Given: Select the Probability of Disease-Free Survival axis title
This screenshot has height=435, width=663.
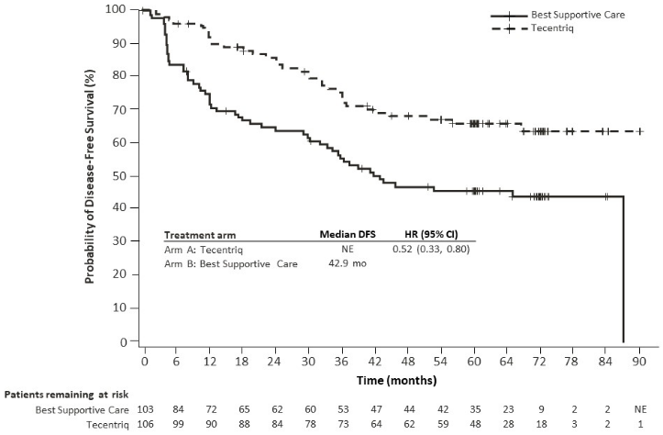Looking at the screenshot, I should pyautogui.click(x=93, y=174).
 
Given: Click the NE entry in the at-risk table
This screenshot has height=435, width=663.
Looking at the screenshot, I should pyautogui.click(x=640, y=407).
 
